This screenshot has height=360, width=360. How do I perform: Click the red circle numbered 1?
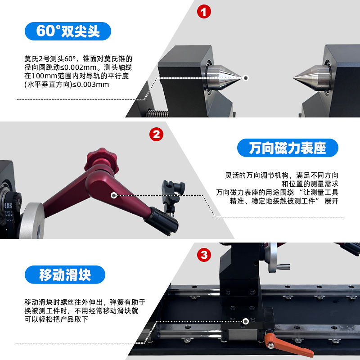204,12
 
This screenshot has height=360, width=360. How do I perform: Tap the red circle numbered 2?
156,134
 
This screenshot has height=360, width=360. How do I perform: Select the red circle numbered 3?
204,255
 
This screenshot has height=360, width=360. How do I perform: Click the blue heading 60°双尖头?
68,31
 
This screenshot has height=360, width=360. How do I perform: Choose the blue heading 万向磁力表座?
288,148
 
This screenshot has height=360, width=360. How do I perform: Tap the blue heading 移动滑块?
65,274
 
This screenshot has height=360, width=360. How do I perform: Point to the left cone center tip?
243,77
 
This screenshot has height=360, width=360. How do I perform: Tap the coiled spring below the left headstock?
158,113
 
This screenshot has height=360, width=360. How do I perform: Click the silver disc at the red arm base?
32,220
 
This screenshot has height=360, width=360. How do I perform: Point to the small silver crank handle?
283,266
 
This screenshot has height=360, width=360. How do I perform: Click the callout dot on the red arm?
114,195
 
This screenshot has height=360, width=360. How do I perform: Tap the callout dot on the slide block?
245,321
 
